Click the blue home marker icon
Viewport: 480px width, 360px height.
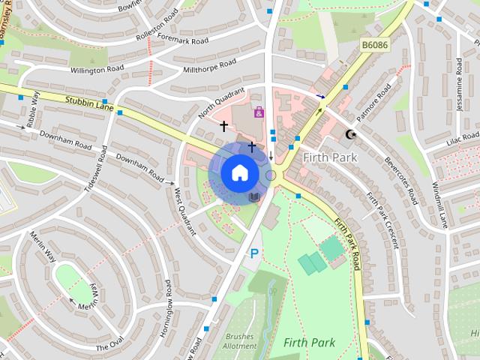238,172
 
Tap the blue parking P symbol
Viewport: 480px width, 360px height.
254,254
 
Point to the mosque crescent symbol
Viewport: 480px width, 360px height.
349,135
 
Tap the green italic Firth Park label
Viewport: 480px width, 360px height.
309,342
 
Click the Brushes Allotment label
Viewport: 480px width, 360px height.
240,342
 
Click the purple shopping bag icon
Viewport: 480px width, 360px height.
259,112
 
